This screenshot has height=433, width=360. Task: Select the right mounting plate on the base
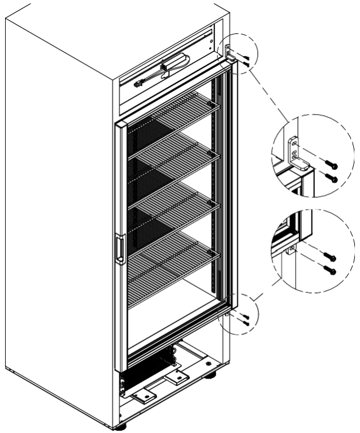(179, 377)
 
